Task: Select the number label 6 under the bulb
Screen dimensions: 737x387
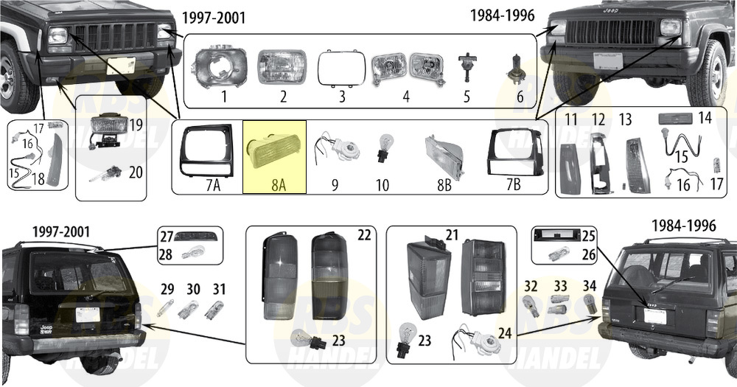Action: coord(520,97)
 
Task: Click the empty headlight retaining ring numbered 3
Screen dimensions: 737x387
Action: coord(342,68)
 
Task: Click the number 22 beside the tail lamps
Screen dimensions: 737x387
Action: coord(364,234)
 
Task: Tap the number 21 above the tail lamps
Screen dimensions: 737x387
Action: coord(452,234)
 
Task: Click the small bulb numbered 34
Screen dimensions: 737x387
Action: coord(590,303)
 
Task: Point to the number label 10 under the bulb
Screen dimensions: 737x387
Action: coord(383,185)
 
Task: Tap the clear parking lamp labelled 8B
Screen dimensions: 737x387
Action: coord(444,150)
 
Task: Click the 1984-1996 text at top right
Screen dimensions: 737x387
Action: coord(503,15)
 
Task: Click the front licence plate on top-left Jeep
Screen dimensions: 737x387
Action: coord(121,66)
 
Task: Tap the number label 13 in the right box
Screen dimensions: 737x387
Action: coord(625,119)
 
